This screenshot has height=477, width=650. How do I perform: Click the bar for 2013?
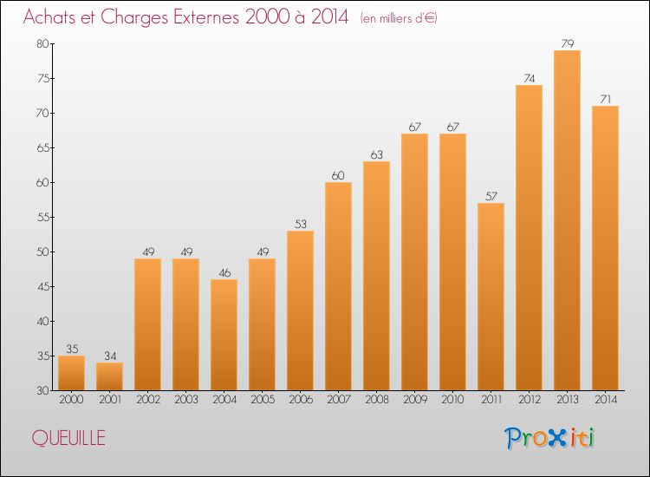pyautogui.click(x=567, y=220)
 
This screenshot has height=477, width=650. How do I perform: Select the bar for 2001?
pyautogui.click(x=109, y=376)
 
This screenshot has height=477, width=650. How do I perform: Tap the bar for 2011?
pyautogui.click(x=491, y=297)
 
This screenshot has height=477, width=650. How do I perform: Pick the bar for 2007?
pyautogui.click(x=338, y=286)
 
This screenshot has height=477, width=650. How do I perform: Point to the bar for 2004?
pyautogui.click(x=224, y=335)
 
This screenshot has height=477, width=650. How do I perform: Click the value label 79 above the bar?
pyautogui.click(x=567, y=43)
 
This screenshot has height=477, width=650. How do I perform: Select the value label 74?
pyautogui.click(x=529, y=78)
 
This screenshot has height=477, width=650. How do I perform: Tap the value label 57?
pyautogui.click(x=491, y=196)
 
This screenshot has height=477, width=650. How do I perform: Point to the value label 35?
pyautogui.click(x=71, y=349)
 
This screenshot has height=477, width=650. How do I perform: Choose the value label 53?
pyautogui.click(x=300, y=224)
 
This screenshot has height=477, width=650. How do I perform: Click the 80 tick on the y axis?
pyautogui.click(x=42, y=44)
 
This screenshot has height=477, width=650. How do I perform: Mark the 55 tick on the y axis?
pyautogui.click(x=42, y=218)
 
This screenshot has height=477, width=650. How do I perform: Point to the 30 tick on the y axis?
pyautogui.click(x=42, y=391)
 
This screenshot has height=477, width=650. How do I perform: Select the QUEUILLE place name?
pyautogui.click(x=69, y=439)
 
